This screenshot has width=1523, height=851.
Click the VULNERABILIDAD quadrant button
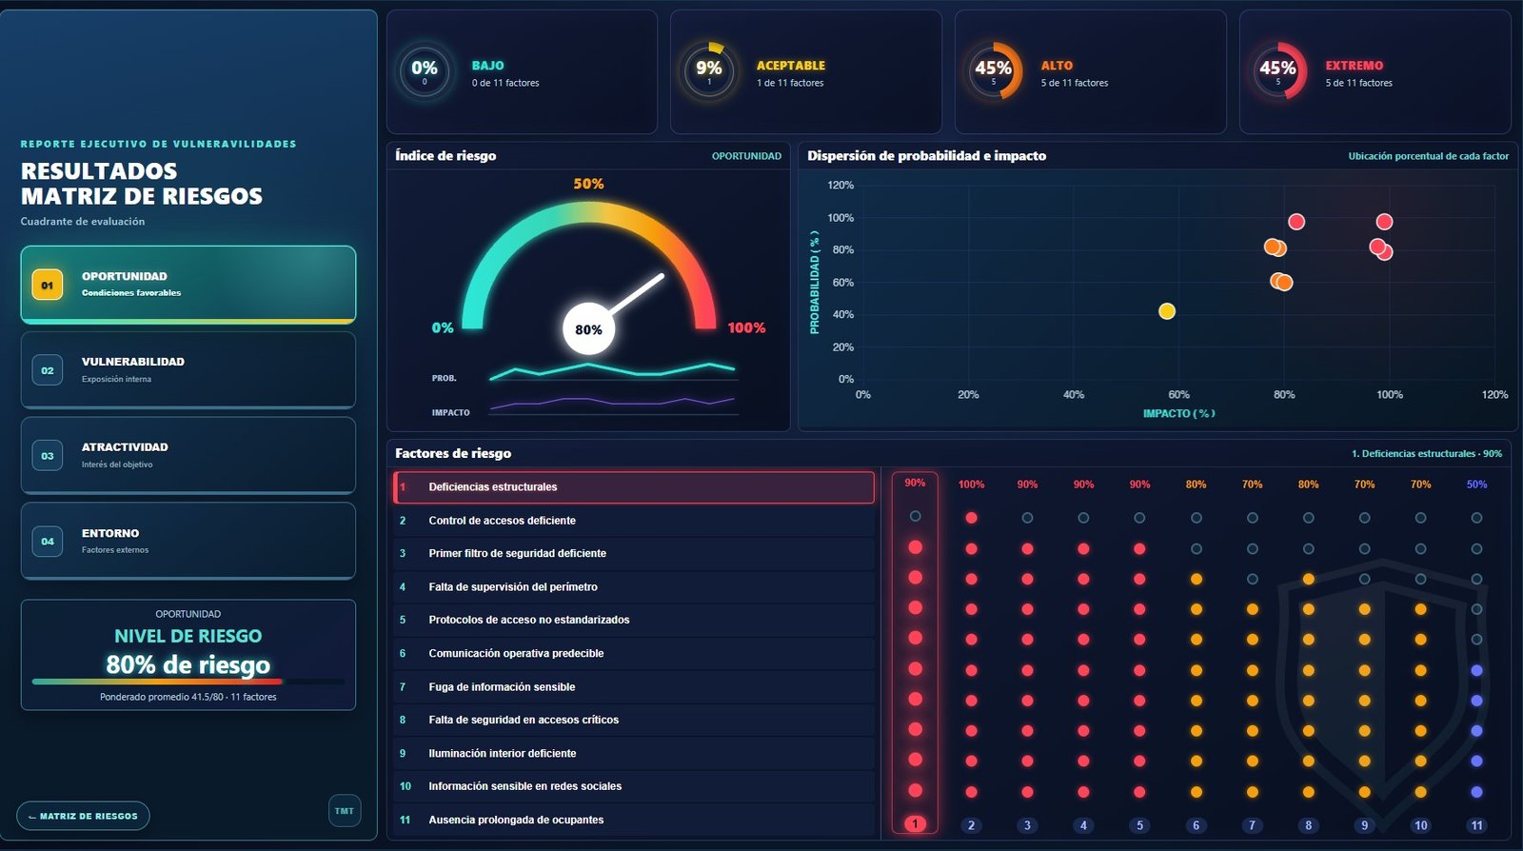[x=188, y=369]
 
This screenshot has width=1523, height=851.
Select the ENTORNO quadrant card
[x=188, y=541]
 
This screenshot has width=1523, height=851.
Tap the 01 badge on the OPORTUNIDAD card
[x=47, y=285]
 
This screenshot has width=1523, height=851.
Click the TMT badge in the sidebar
[x=345, y=810]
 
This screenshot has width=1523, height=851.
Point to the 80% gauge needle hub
[x=589, y=329]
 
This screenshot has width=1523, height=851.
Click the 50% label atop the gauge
[x=588, y=184]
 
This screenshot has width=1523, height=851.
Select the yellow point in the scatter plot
[x=1167, y=311]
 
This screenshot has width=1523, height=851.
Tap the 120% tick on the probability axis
[x=841, y=185]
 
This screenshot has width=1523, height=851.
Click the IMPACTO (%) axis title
[x=1179, y=413]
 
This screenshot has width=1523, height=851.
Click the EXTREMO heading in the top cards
[x=1354, y=66]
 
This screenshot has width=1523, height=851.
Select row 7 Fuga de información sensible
[x=634, y=686]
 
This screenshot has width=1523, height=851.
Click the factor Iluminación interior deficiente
[x=503, y=753]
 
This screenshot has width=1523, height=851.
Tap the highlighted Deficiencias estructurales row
[x=634, y=486]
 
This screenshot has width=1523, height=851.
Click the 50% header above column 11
[x=1476, y=484]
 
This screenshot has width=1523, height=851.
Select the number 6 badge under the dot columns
[x=1196, y=825]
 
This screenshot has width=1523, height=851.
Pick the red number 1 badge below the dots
[x=915, y=823]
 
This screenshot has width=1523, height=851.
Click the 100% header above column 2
[x=971, y=484]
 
